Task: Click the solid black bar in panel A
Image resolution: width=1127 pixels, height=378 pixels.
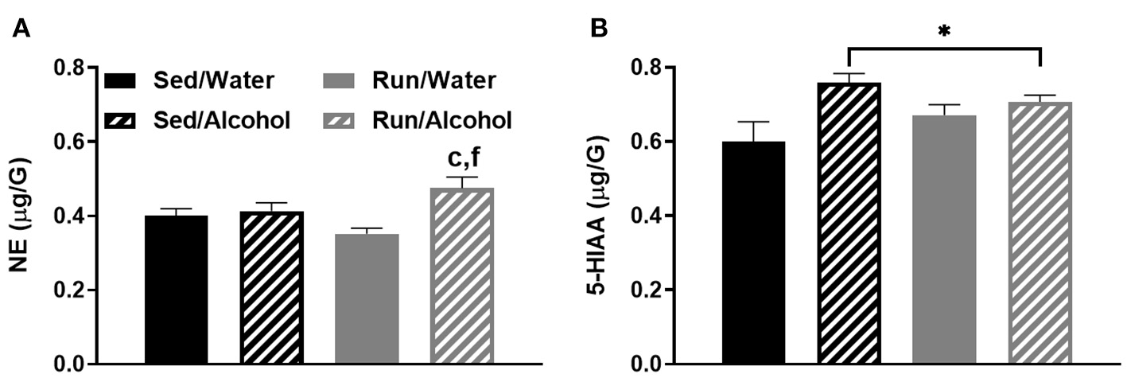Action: [176, 290]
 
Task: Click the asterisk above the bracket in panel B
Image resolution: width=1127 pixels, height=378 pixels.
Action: [945, 32]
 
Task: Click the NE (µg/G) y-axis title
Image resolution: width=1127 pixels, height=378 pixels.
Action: [20, 216]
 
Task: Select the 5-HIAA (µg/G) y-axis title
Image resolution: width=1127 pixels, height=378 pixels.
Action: [598, 216]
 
